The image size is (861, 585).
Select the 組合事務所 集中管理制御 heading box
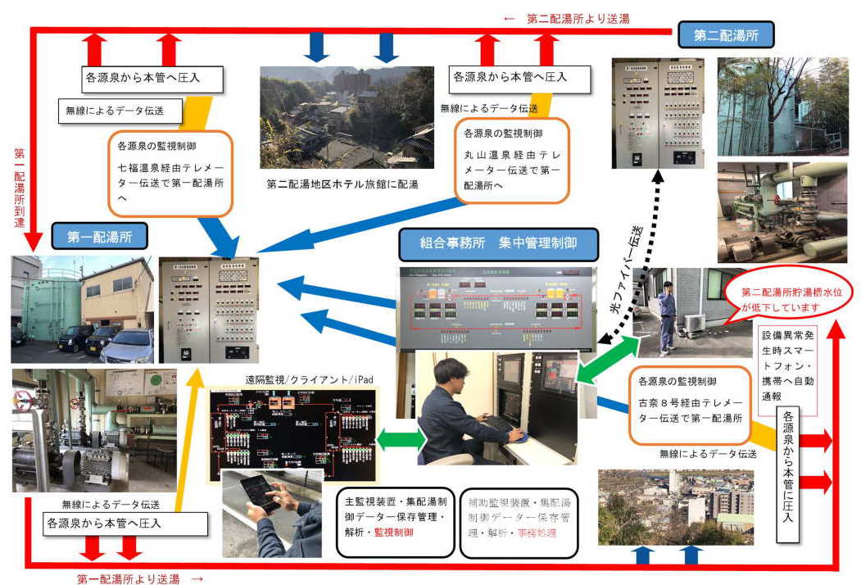point(498,243)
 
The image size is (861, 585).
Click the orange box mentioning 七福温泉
point(170,172)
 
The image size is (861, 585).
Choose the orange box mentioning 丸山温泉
point(512,160)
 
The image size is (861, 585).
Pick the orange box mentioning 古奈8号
point(691,404)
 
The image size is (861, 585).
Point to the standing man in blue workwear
point(668,317)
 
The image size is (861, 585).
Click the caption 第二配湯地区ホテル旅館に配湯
point(342,184)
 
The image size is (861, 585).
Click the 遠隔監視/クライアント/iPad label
point(298,379)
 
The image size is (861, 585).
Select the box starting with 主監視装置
point(395,521)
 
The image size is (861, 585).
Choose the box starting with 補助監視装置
point(519,521)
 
